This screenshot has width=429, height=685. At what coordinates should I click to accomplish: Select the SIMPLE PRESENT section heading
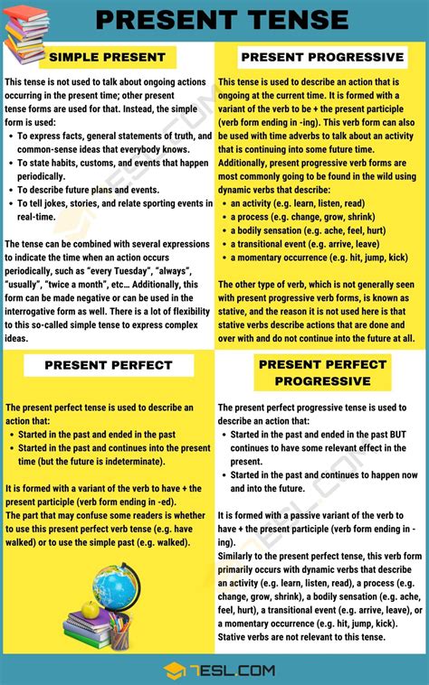coord(107,58)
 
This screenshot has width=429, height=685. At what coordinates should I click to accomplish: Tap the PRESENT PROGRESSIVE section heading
coord(321,58)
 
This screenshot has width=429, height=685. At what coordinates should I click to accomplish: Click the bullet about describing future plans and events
coord(88,189)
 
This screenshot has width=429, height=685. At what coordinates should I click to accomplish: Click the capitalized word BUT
coord(394,435)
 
